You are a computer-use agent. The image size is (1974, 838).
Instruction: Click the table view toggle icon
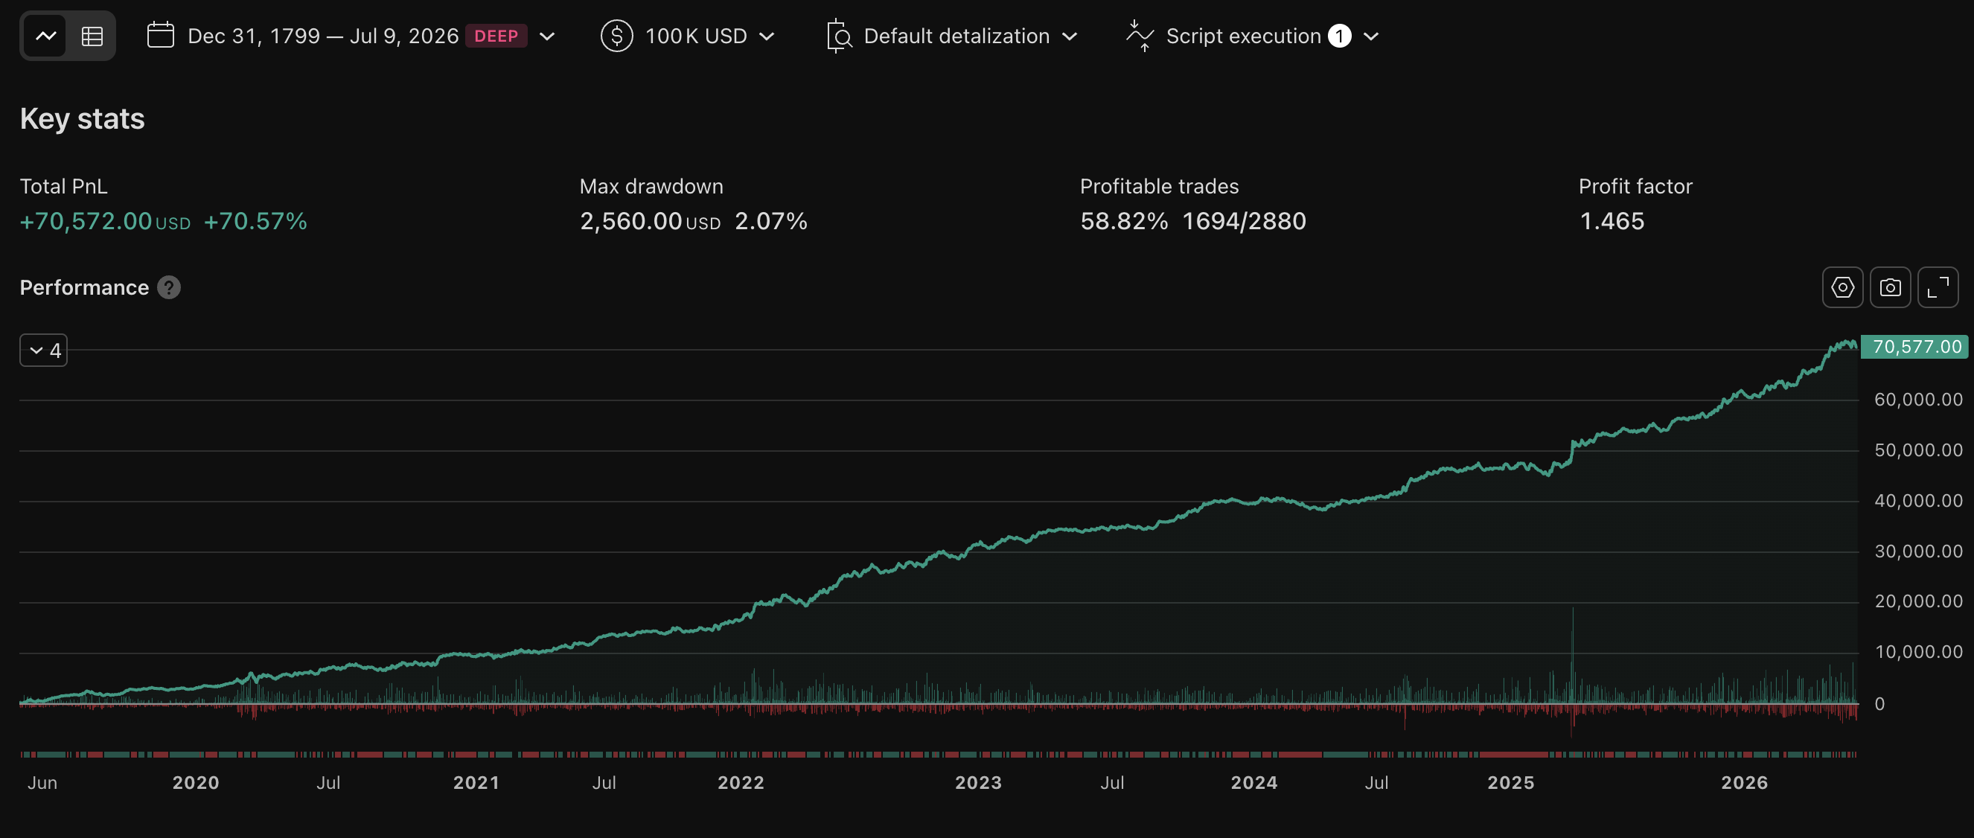(x=92, y=36)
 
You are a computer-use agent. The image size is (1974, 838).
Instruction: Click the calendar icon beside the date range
(x=160, y=35)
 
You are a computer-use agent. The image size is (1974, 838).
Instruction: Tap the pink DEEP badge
(x=496, y=36)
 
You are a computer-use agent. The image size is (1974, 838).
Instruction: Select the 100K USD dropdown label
(x=696, y=36)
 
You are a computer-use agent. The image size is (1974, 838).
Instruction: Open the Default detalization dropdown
(x=956, y=36)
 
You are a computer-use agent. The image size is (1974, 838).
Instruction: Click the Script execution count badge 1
(x=1339, y=36)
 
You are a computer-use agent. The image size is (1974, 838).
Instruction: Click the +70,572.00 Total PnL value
(x=86, y=221)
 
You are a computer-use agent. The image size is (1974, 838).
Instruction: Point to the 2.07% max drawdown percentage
(x=771, y=221)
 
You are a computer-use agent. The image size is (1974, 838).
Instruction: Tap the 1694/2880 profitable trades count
(x=1244, y=221)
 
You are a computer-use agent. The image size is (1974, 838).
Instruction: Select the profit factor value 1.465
(x=1612, y=221)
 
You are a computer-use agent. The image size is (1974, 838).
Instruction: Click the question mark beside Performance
(x=168, y=287)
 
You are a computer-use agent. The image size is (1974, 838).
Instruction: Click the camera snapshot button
(x=1890, y=287)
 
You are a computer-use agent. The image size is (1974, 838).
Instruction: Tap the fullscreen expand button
(x=1938, y=287)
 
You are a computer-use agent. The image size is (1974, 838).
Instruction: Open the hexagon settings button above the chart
(x=1842, y=287)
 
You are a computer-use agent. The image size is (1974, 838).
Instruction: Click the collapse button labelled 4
(x=44, y=350)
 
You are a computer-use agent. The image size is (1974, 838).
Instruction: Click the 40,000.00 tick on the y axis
(x=1918, y=501)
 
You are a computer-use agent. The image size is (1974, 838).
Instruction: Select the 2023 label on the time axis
(x=978, y=782)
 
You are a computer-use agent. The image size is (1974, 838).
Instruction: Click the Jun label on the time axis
(x=42, y=782)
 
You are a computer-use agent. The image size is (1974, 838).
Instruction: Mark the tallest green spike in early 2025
(x=1573, y=655)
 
